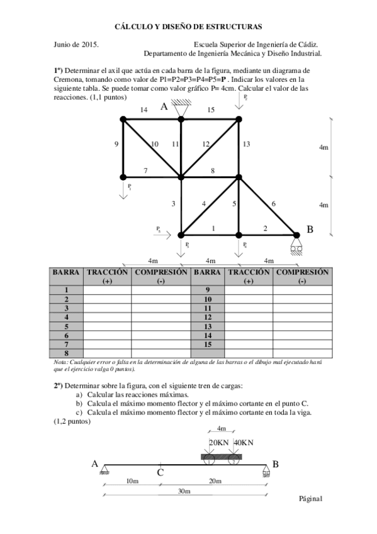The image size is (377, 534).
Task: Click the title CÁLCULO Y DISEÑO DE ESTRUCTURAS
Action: [x=188, y=26]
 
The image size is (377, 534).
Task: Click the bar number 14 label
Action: [x=144, y=110]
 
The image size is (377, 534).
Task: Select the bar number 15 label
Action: [x=211, y=110]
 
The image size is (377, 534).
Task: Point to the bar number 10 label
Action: [x=155, y=144]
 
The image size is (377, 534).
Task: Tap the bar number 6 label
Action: [x=273, y=203]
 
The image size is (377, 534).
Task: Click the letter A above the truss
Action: [x=164, y=107]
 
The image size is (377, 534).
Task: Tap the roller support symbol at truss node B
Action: [x=296, y=245]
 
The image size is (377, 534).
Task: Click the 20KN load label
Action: [x=218, y=443]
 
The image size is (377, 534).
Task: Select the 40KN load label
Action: [x=243, y=443]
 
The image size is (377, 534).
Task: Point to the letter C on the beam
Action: [x=160, y=472]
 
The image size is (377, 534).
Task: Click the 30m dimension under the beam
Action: [x=184, y=491]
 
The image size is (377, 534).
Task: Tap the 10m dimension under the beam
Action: [x=132, y=481]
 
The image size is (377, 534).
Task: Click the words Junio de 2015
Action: [x=76, y=45]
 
